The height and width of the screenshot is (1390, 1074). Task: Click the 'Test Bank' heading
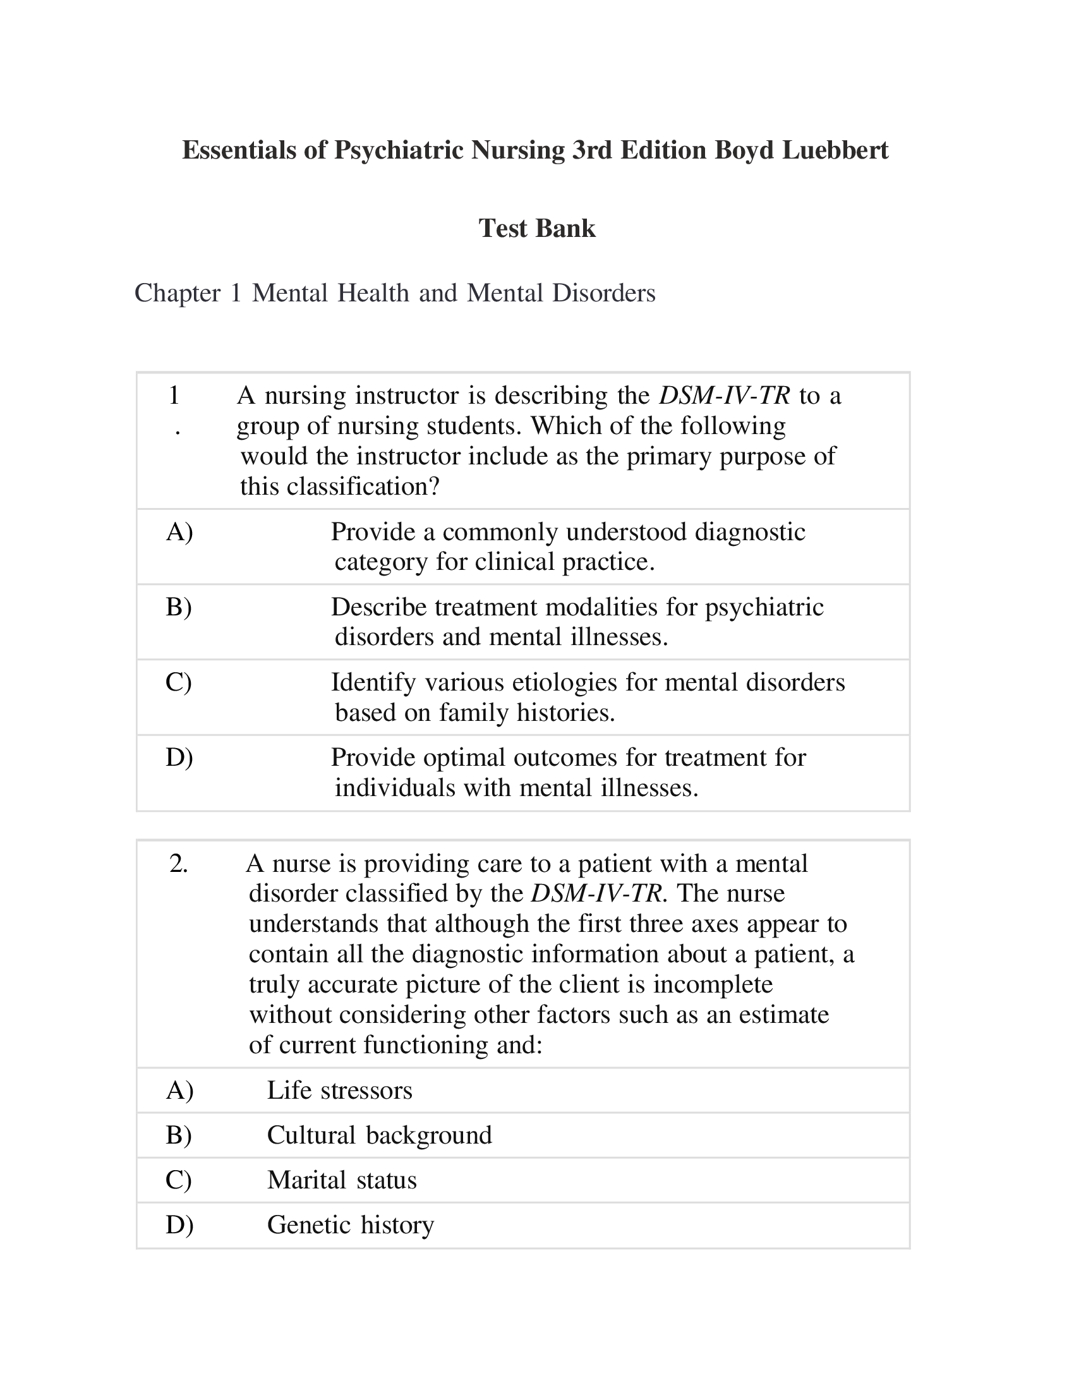pos(536,229)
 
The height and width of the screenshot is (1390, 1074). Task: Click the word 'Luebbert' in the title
pos(835,150)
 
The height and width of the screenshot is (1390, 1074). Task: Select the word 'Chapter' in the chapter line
pos(177,293)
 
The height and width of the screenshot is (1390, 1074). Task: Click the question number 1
pos(174,396)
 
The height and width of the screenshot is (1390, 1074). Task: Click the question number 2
pos(179,864)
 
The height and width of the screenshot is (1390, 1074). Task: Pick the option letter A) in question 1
pos(179,531)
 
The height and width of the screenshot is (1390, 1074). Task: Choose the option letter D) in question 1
pos(179,758)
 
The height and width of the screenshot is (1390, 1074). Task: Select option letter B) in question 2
pos(179,1135)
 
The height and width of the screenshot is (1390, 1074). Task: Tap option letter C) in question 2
pos(178,1180)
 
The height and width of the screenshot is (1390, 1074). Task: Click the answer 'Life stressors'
pos(339,1091)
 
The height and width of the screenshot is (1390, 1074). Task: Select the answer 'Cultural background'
pos(379,1135)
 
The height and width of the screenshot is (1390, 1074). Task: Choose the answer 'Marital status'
pos(342,1180)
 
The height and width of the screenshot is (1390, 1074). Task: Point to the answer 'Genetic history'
pos(350,1224)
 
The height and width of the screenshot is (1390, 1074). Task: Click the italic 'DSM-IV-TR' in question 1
pos(724,396)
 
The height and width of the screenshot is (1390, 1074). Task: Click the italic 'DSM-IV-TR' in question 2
pos(597,893)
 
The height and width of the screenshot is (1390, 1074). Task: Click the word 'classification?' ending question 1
pos(363,487)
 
